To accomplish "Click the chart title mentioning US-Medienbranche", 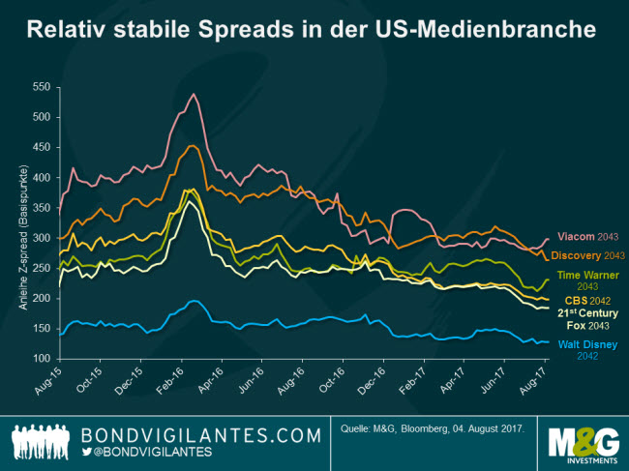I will pyautogui.click(x=312, y=30).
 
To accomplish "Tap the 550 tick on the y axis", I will pyautogui.click(x=40, y=87).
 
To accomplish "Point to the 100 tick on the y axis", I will pyautogui.click(x=40, y=359).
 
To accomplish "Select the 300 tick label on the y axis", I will pyautogui.click(x=40, y=238).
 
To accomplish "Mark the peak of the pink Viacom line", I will pyautogui.click(x=195, y=94).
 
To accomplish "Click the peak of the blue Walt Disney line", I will pyautogui.click(x=194, y=301).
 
